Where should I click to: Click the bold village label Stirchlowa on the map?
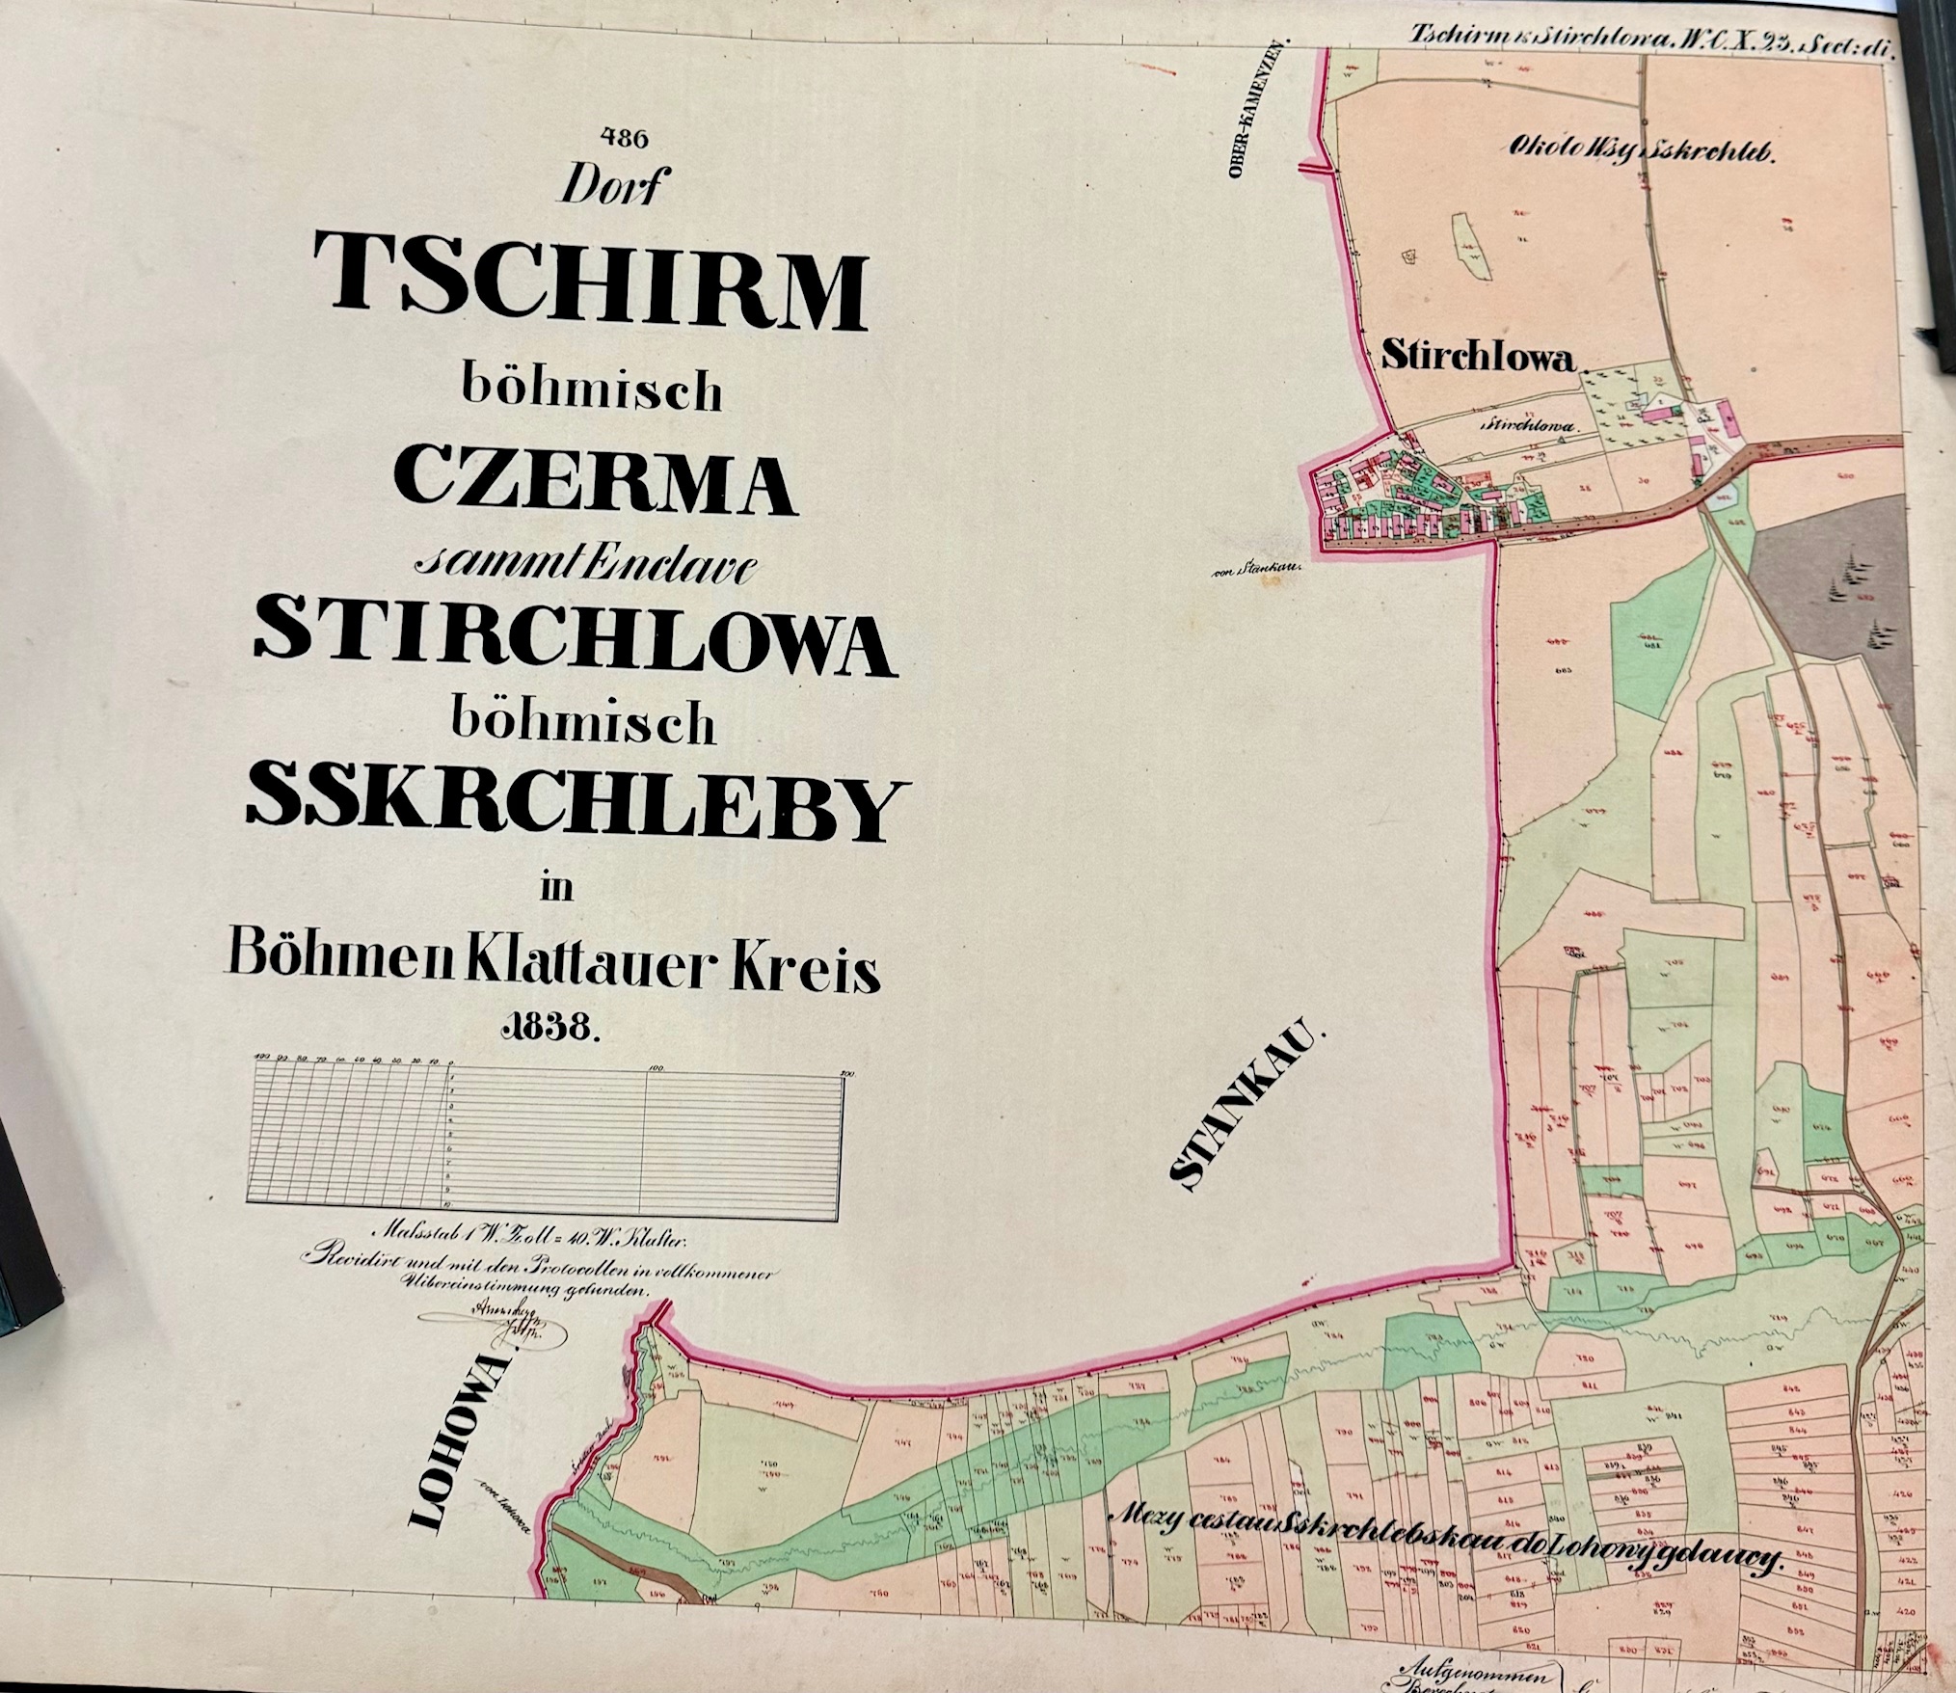tap(1479, 357)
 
